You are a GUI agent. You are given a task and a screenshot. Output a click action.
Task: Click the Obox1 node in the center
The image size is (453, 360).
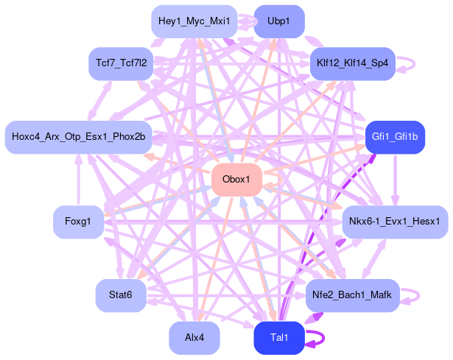point(237,180)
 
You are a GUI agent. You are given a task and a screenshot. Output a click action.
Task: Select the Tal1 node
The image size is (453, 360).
point(279,337)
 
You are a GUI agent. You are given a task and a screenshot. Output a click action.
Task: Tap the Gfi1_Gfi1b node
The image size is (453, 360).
point(395,136)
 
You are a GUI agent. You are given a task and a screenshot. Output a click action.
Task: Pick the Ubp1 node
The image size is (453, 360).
point(278,21)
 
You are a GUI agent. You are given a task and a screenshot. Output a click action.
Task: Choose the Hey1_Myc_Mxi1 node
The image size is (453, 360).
point(194,21)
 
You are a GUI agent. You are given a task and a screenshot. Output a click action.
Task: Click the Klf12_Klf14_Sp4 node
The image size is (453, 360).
point(352,63)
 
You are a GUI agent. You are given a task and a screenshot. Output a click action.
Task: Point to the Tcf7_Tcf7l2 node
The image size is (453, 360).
point(121,63)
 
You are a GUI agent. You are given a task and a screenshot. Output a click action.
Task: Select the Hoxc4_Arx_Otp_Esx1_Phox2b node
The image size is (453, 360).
point(78,137)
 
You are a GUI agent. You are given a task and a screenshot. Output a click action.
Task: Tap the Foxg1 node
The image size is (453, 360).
point(77,222)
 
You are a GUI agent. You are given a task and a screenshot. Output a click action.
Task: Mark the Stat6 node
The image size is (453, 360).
point(120,295)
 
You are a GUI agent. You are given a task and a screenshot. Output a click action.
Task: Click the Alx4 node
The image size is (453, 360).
point(194,338)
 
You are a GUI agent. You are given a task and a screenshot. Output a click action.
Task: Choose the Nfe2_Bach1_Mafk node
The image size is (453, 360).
point(352,295)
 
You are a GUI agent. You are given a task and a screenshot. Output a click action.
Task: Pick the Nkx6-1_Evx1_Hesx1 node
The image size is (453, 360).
point(395,222)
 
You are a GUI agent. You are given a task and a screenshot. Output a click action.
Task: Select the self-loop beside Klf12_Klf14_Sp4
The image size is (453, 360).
point(413,63)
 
